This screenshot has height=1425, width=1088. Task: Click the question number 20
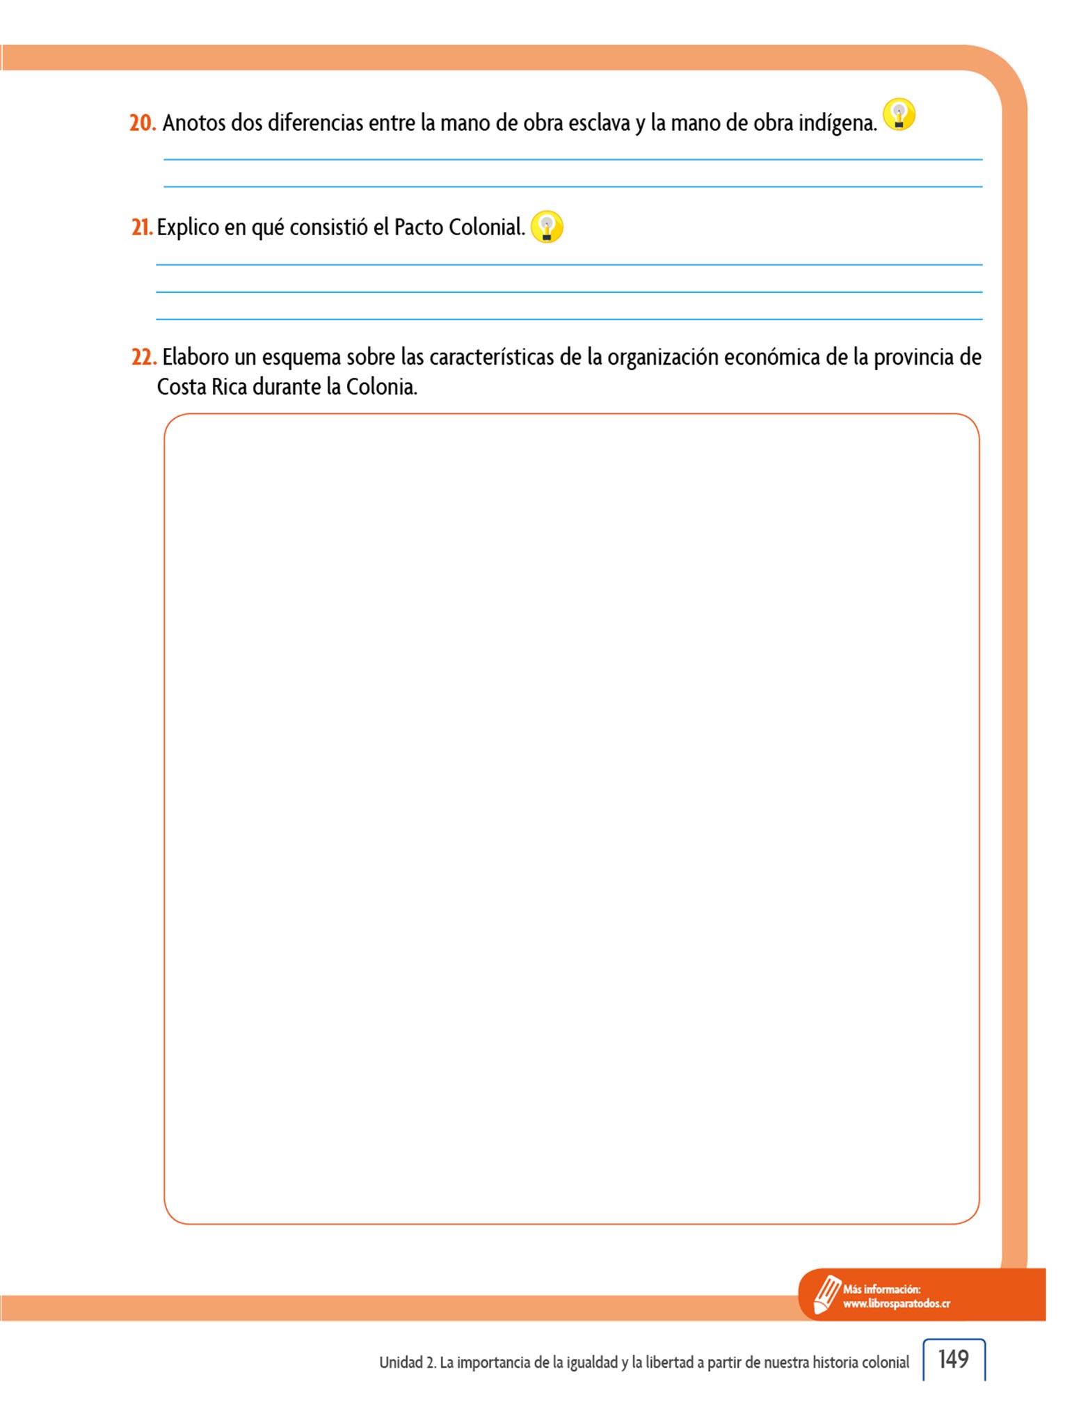142,123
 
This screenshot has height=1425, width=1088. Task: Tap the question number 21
141,228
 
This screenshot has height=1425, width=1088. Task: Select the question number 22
143,358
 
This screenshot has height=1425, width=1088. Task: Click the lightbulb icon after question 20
899,115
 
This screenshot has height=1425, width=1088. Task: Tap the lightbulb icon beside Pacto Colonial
547,227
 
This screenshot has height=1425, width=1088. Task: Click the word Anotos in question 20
194,123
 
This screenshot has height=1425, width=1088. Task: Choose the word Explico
188,228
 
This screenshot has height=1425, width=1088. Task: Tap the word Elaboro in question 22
195,358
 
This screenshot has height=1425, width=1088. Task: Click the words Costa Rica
202,387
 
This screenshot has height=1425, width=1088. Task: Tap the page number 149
953,1359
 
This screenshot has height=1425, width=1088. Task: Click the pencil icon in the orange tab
827,1294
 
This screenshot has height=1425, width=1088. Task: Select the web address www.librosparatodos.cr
896,1304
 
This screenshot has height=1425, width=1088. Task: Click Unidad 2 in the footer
407,1362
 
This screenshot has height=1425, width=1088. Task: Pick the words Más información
881,1289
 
